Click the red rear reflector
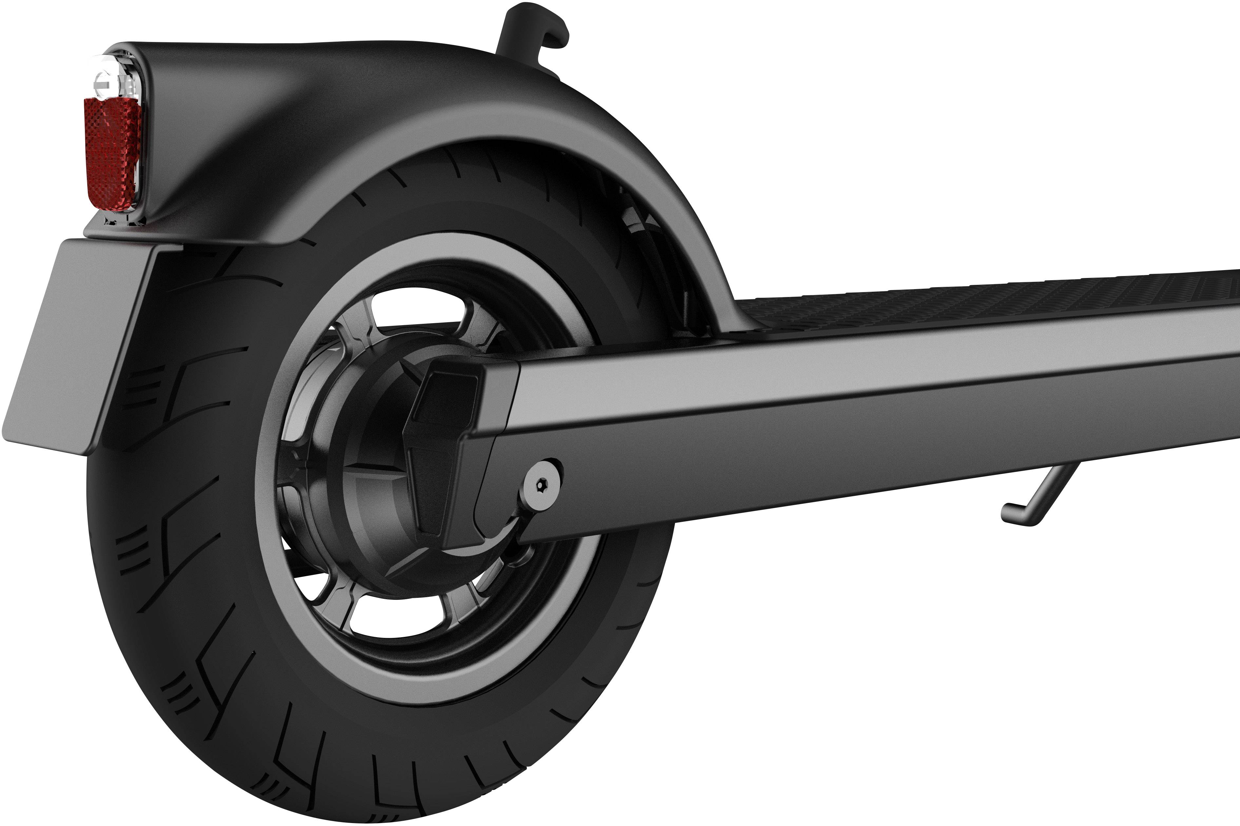(112, 153)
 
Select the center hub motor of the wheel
(369, 474)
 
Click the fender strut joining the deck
(721, 295)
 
